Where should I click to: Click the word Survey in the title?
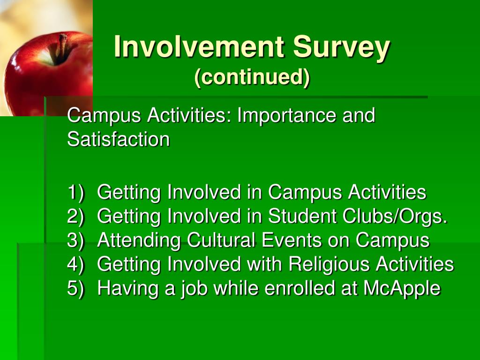click(341, 47)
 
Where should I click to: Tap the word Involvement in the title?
click(199, 46)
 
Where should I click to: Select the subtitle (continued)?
click(252, 77)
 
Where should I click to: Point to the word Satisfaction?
click(119, 139)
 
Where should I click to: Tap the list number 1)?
click(75, 192)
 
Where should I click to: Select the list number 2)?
click(75, 216)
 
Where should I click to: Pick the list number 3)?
click(75, 240)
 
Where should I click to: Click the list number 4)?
click(75, 264)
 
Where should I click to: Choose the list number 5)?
click(75, 288)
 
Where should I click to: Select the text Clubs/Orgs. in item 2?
click(395, 217)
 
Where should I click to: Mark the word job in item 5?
click(194, 289)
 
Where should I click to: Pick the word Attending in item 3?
click(139, 240)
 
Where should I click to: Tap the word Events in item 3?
click(291, 240)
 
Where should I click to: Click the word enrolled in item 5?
click(300, 288)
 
